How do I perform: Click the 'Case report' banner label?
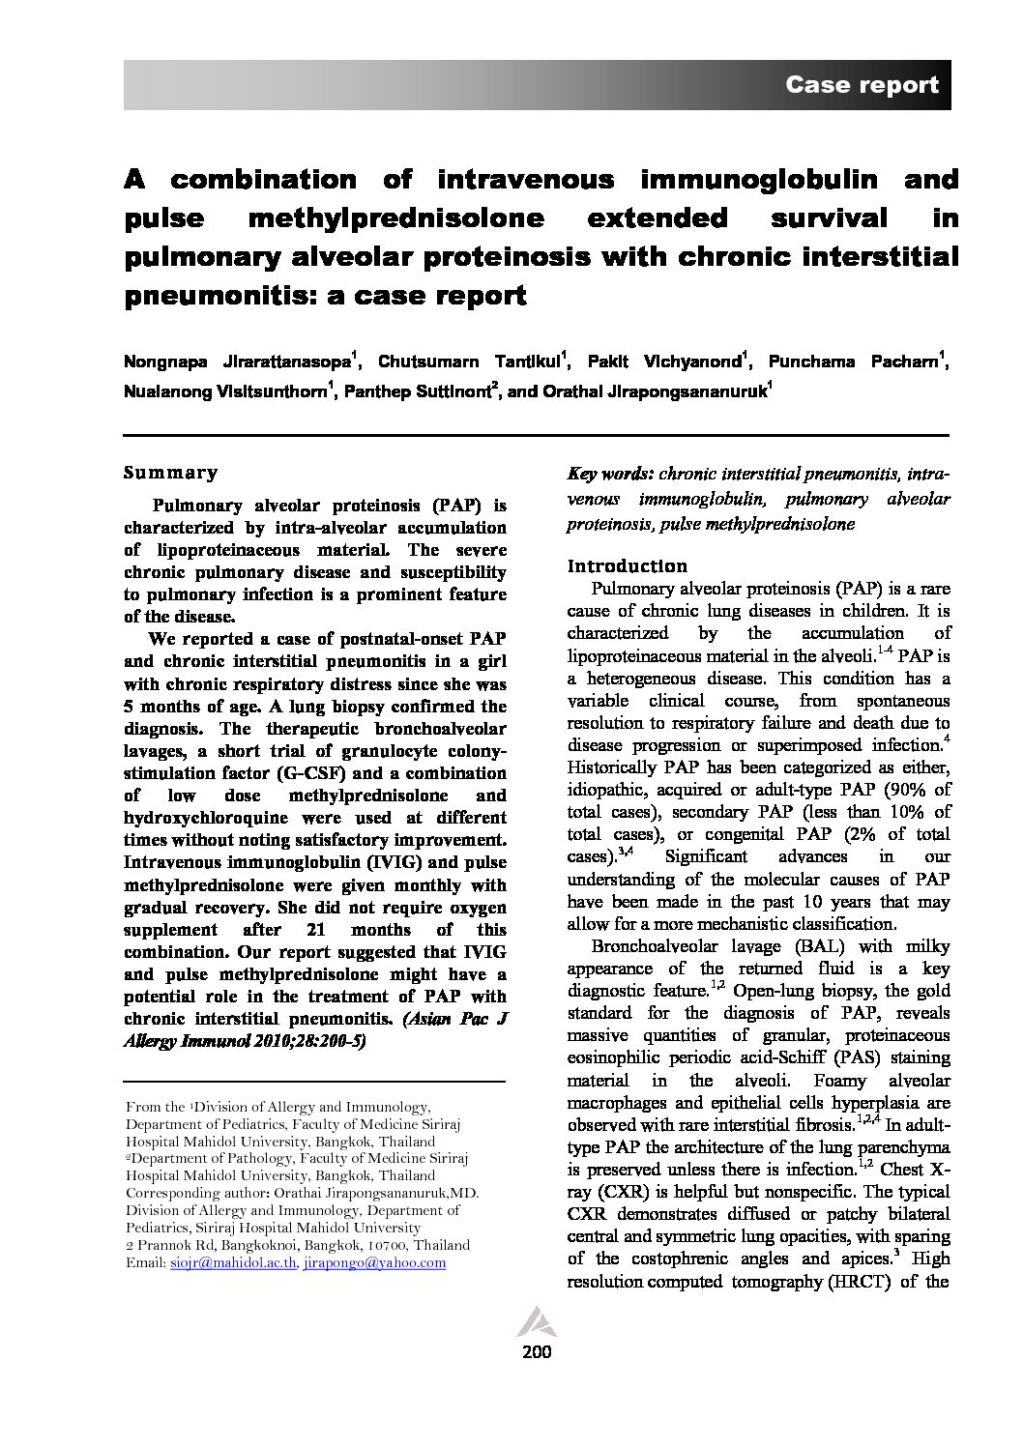[862, 85]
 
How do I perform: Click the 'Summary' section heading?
[171, 473]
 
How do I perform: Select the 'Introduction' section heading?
[628, 566]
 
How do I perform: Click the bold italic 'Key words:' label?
[610, 475]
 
